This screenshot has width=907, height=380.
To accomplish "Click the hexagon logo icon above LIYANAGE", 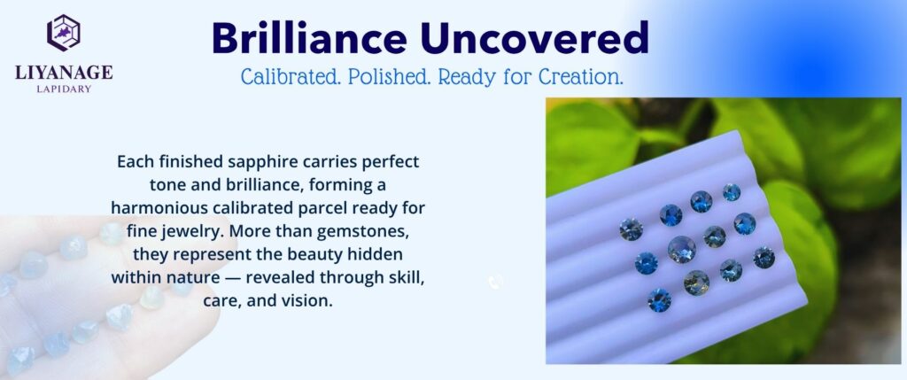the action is coord(64,33).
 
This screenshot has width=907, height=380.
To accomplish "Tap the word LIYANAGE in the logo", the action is coord(64,73).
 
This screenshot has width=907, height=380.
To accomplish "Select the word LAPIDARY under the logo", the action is coord(64,89).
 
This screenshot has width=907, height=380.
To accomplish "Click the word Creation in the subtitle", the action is coord(581,77).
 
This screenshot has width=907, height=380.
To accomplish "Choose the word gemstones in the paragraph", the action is coord(382,232).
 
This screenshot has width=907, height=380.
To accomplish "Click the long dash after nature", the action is coord(233,278).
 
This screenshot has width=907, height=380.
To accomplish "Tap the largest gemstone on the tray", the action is coord(681,249).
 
